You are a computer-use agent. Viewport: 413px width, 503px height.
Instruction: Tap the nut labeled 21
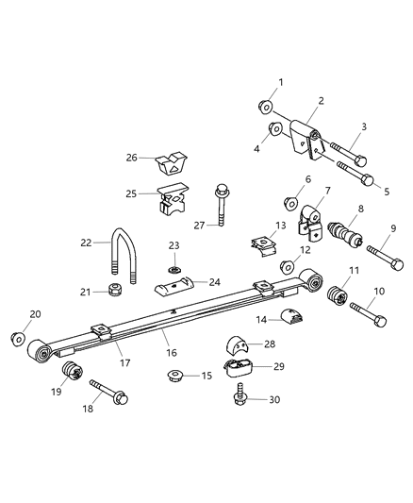pyautogui.click(x=114, y=290)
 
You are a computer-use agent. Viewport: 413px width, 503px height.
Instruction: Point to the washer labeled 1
pyautogui.click(x=267, y=106)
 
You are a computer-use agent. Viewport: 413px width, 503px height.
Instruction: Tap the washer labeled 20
pyautogui.click(x=17, y=338)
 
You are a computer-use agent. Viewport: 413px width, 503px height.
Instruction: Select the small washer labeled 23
pyautogui.click(x=173, y=269)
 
